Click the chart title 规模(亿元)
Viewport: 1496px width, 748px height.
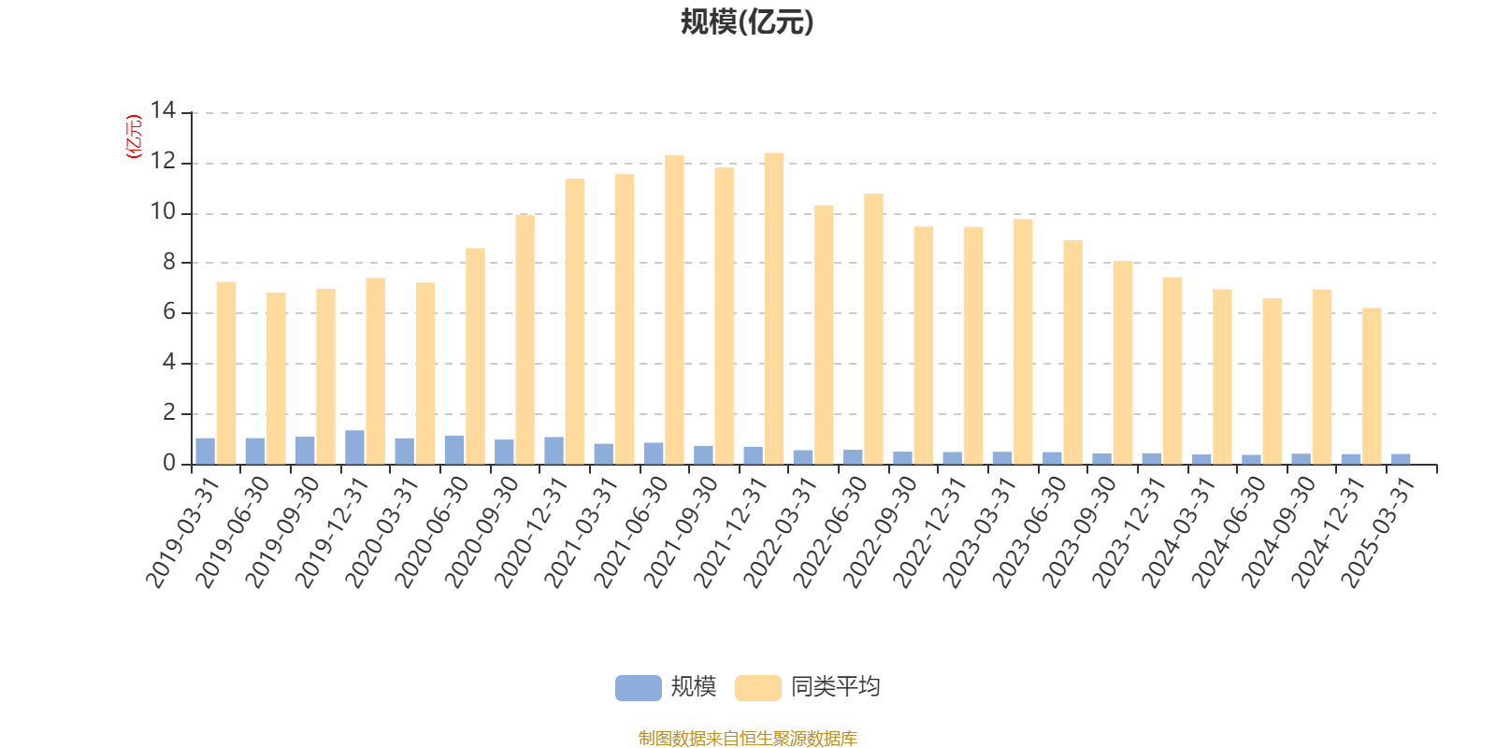tap(747, 22)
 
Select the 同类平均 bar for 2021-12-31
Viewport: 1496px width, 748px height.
tap(774, 309)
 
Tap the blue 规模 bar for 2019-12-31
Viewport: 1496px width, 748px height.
tap(355, 447)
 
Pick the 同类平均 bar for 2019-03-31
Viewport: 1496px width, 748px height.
tap(226, 373)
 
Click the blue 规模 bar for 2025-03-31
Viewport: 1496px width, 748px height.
tap(1401, 459)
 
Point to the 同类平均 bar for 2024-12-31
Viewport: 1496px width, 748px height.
tap(1372, 386)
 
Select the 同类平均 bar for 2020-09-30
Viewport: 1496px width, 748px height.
tap(525, 339)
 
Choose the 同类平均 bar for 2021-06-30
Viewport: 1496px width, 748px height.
tap(674, 309)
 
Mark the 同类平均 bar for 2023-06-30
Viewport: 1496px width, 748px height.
tap(1072, 352)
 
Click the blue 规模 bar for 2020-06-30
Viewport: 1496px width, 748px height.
tap(454, 450)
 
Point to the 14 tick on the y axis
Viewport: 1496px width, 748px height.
tap(164, 111)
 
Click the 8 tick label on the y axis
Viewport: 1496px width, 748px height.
tap(169, 263)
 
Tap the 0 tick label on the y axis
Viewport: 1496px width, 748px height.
tap(169, 464)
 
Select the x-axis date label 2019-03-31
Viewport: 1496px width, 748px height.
tap(182, 532)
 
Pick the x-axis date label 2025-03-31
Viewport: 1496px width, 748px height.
tap(1378, 532)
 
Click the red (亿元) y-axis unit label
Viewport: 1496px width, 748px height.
tap(134, 137)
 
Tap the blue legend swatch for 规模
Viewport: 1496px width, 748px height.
tap(638, 688)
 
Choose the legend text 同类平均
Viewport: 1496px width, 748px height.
tap(835, 687)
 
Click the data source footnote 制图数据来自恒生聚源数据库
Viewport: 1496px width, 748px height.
tap(747, 739)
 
